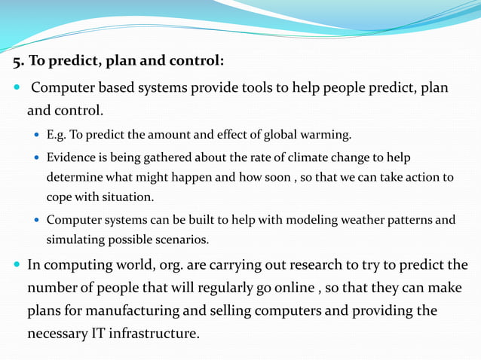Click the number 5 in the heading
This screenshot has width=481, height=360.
[16, 60]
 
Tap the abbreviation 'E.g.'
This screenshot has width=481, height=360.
[57, 136]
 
